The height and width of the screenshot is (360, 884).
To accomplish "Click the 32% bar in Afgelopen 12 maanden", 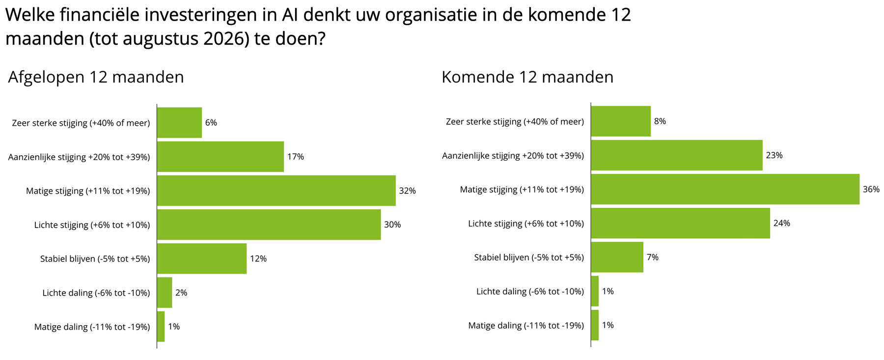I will pos(276,191).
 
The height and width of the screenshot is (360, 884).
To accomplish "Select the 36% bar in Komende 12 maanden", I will pos(725,189).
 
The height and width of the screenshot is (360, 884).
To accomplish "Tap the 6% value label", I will pos(211,123).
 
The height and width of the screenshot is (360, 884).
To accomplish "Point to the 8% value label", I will pos(660,121).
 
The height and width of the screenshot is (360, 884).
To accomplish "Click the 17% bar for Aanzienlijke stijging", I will pos(220,157).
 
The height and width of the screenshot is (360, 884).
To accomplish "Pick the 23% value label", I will pos(774,155).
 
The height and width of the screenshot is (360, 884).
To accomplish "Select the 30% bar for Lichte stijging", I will pos(269,224).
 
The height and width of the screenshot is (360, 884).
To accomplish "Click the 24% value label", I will pos(781,223).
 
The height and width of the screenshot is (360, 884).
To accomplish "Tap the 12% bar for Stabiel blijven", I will pos(202,258).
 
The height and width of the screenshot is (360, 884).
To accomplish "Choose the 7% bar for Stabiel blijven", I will pos(617,257).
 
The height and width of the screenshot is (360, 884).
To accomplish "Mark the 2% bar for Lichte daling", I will pos(165,293).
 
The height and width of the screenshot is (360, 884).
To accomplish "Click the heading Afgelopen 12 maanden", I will pos(96,77).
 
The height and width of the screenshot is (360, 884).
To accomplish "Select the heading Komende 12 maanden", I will pos(527,77).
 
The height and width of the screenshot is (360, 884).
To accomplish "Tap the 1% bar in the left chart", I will pos(161,327).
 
